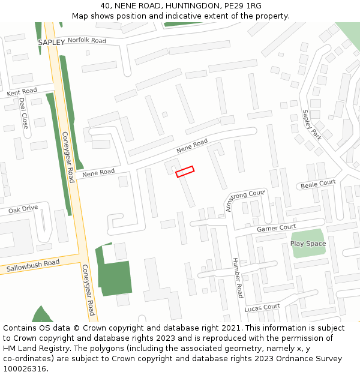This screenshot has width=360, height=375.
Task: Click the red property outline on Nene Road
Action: (x=185, y=172)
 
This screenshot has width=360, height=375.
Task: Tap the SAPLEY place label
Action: (x=51, y=43)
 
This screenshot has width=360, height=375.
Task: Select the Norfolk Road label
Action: (x=86, y=41)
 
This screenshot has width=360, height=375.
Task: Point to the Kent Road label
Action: (x=22, y=92)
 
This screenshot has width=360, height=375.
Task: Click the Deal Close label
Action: (x=23, y=113)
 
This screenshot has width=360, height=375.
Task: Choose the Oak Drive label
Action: (x=23, y=209)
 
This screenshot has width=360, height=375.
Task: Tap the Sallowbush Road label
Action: (x=33, y=265)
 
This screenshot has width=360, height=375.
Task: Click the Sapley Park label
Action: (x=312, y=130)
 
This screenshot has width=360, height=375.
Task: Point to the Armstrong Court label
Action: (x=245, y=200)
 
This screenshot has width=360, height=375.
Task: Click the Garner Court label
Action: (x=277, y=228)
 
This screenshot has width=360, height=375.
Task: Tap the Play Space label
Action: (x=308, y=244)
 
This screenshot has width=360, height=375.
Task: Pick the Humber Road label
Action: (x=238, y=277)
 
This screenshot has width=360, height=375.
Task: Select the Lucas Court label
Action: (x=262, y=307)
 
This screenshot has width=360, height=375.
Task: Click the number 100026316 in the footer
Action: (x=26, y=369)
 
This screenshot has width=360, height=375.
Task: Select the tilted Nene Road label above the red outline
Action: (x=192, y=145)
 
